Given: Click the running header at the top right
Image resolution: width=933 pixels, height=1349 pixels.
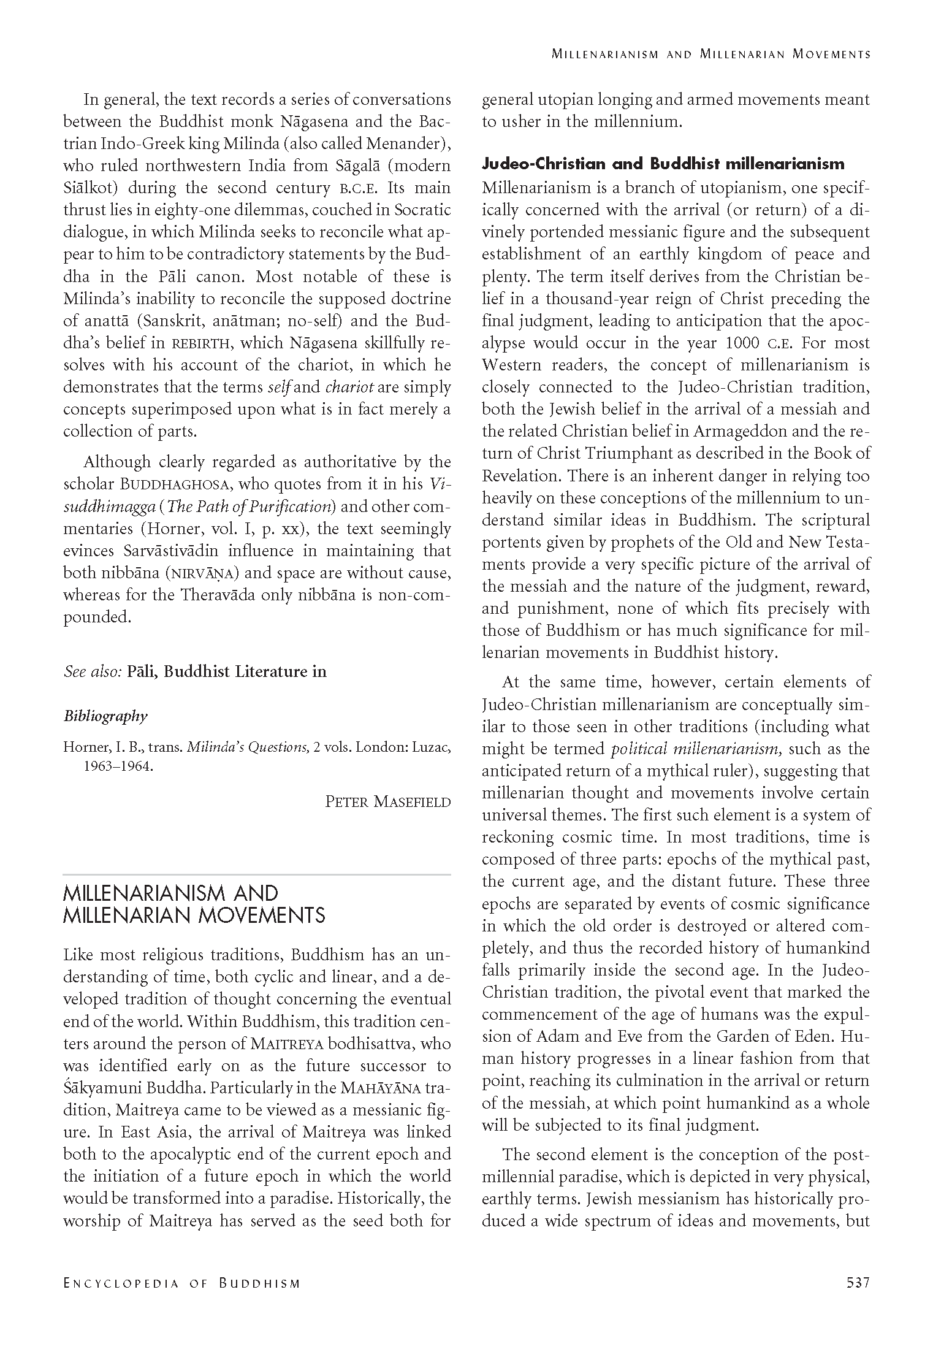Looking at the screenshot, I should tap(710, 54).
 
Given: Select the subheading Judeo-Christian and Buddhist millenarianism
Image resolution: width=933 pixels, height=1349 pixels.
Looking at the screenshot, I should tap(663, 164).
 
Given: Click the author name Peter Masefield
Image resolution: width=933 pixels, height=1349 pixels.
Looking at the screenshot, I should tap(387, 801).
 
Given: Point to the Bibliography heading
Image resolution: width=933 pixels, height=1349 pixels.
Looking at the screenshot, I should tap(105, 716).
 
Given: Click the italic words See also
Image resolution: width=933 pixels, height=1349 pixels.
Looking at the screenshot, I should tap(92, 671).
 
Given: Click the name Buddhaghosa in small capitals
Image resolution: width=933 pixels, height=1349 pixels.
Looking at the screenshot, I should tap(174, 484).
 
